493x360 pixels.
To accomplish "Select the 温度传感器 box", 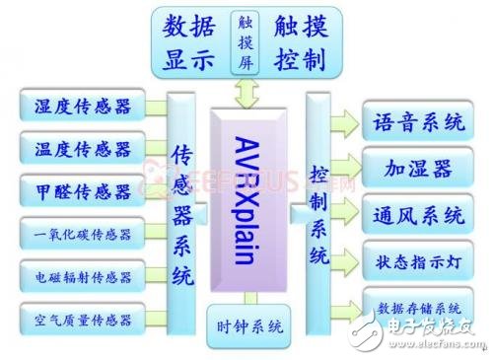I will tap(82, 149).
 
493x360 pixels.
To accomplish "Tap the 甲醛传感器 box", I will tap(82, 190).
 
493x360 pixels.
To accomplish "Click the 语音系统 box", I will tap(418, 123).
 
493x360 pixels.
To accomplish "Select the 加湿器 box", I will tap(418, 169).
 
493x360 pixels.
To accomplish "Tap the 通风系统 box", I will tap(418, 213).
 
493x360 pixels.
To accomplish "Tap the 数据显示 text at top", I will tap(190, 41).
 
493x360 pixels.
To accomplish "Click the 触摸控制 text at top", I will tap(304, 41).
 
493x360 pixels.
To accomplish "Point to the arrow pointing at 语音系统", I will tap(346, 123).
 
